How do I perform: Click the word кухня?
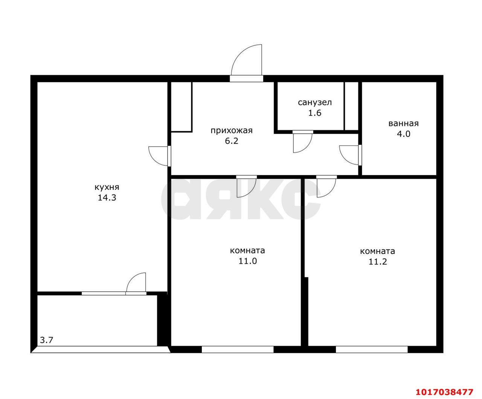point(107,187)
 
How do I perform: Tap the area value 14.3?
point(107,198)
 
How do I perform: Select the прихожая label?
point(232,131)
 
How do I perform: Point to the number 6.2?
point(232,141)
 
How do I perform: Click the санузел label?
point(315,102)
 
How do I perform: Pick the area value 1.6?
point(315,113)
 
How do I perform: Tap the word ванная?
point(404,124)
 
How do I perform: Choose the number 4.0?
point(404,134)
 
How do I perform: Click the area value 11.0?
point(248,261)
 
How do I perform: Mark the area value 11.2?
point(378,262)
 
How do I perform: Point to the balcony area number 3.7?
point(47,340)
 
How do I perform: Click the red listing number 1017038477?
point(445,385)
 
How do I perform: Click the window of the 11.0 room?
point(238,350)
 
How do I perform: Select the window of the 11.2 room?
point(372,350)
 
